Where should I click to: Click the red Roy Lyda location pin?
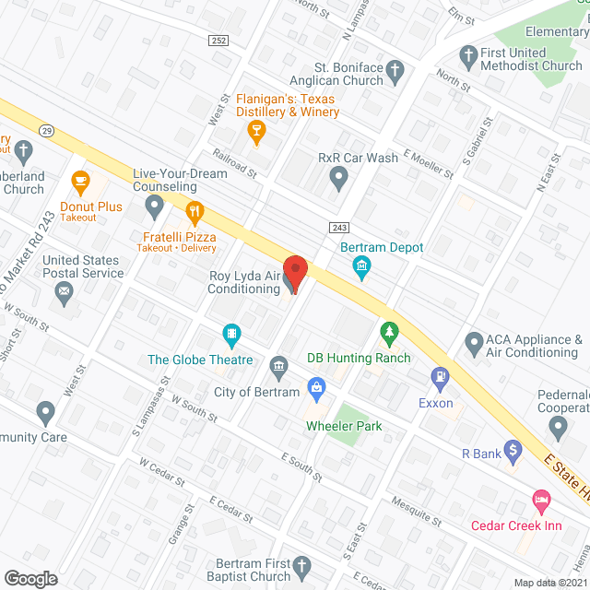[295, 275]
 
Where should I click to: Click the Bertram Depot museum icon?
[361, 267]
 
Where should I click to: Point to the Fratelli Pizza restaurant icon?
[194, 215]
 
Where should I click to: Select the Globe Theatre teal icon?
[232, 333]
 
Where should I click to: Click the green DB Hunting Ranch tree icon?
[390, 330]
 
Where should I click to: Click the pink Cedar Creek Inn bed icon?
[541, 501]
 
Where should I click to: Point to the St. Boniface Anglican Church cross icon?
[395, 69]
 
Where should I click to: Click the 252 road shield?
[218, 41]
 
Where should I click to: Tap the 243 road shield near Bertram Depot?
[339, 228]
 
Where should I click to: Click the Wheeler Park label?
[345, 426]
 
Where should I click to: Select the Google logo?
[30, 578]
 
